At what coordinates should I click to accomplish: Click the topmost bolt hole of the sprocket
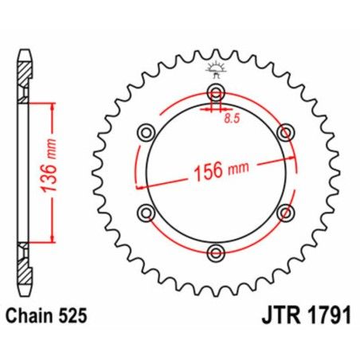(x=215, y=90)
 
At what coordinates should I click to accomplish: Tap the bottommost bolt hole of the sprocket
(x=215, y=252)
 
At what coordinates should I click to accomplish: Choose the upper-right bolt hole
(x=285, y=131)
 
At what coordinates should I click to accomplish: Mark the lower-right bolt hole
(x=285, y=212)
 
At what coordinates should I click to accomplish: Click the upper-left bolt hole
(x=145, y=131)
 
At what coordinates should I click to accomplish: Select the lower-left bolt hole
(x=145, y=212)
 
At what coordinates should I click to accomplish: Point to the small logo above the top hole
(x=214, y=71)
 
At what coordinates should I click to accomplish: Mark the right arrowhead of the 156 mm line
(x=292, y=156)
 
